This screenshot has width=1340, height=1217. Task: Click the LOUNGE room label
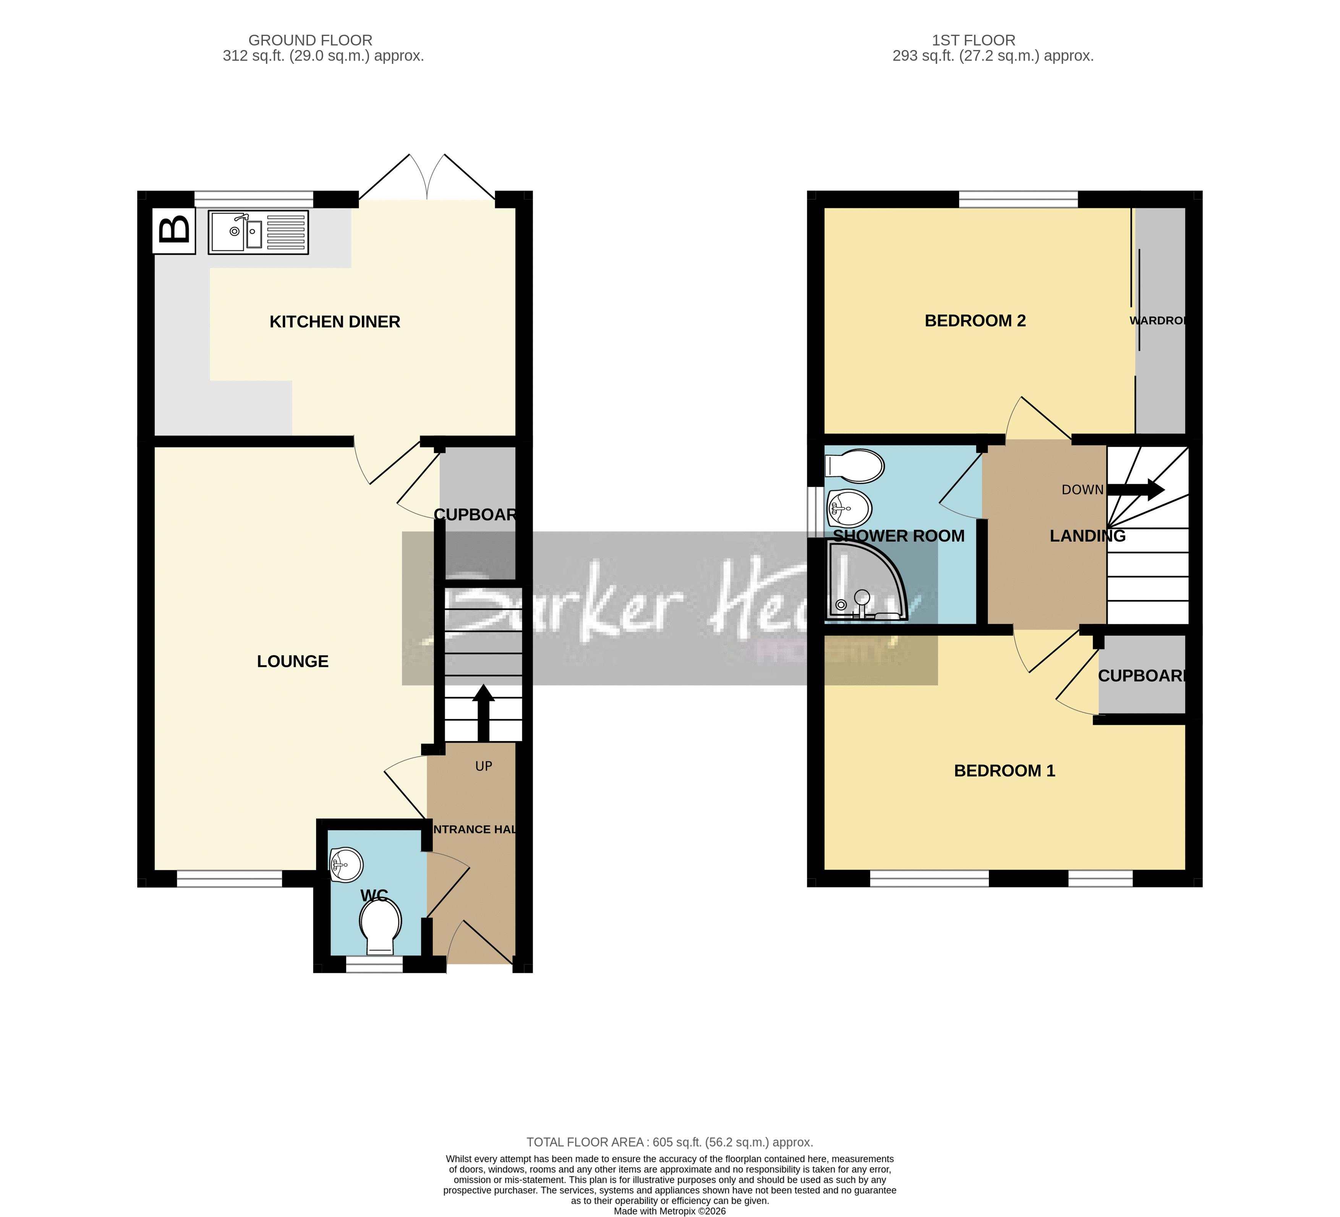(292, 661)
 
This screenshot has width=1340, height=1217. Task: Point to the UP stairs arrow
(483, 712)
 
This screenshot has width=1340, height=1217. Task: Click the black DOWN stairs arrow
(1135, 490)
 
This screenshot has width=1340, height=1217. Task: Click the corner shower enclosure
(864, 582)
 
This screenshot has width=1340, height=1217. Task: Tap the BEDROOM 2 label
(975, 321)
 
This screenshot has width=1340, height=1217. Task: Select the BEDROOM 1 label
(1005, 771)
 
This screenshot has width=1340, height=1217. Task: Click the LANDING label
(1087, 536)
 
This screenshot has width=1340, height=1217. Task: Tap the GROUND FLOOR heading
(310, 40)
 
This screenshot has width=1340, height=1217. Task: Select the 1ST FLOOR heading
(973, 40)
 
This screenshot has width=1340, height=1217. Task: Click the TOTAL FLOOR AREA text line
(669, 1142)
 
